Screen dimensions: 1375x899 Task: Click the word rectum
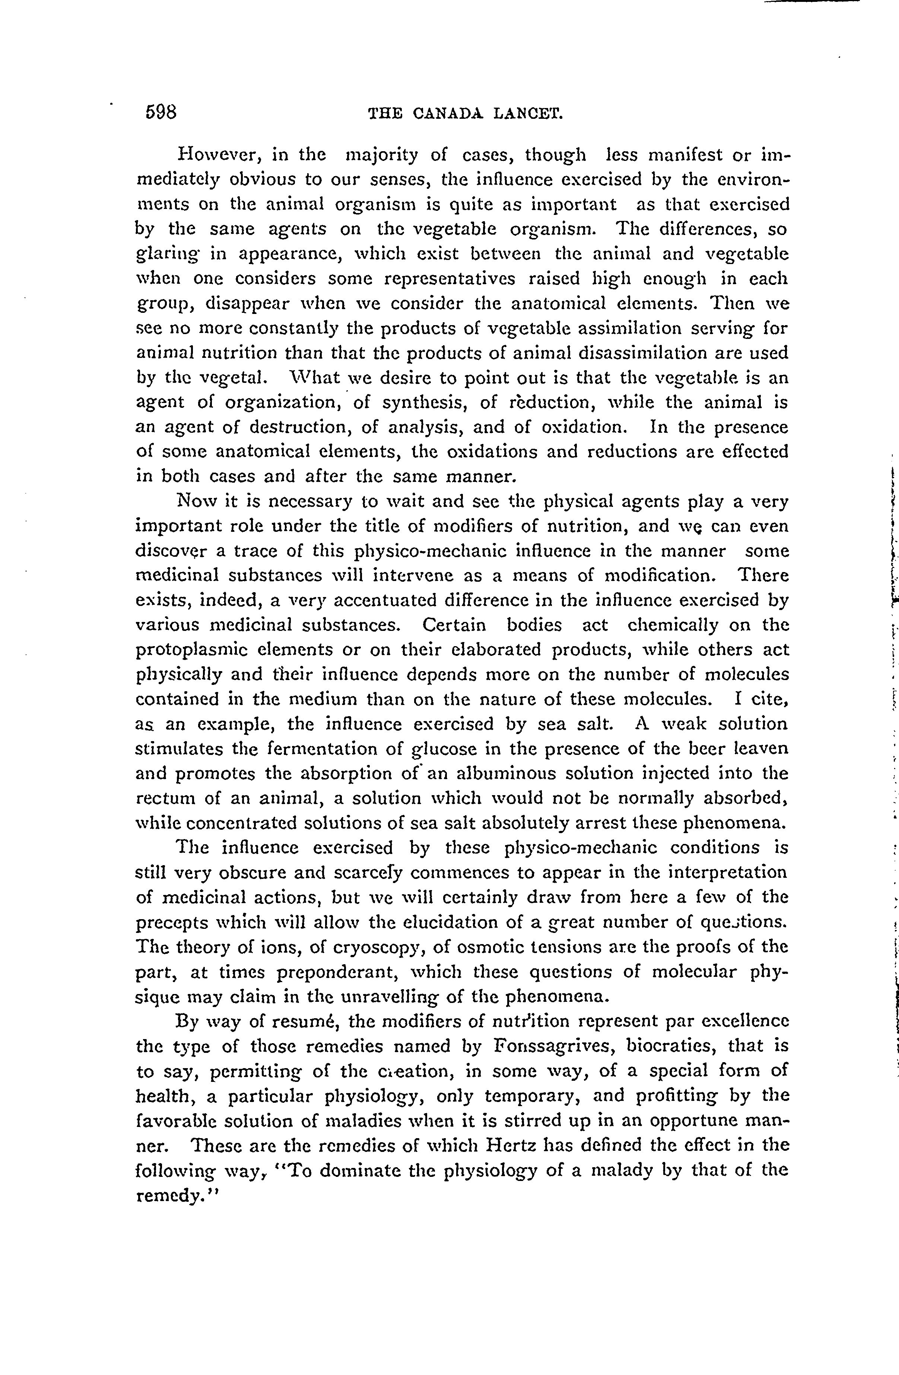(x=164, y=798)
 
